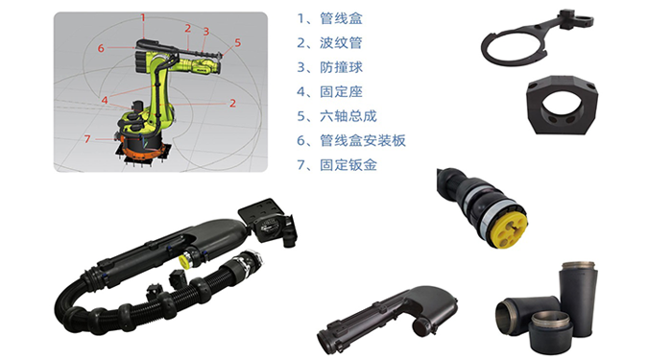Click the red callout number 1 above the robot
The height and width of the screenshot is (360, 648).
coord(143,18)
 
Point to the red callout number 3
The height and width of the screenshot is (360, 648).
coord(205,32)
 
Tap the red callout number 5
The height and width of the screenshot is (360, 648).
coord(238,42)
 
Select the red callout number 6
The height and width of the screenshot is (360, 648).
coord(101,48)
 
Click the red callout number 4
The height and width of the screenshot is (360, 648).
coord(105,100)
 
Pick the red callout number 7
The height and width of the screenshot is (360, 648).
coord(87,139)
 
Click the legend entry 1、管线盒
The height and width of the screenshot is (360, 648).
coord(329,18)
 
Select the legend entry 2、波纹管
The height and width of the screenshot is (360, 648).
coord(329,43)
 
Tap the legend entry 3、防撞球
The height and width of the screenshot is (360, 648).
coord(329,67)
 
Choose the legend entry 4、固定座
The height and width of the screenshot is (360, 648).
coord(329,92)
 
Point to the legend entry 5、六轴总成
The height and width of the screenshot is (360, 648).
coord(337,116)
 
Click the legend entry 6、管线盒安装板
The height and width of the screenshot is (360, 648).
coord(351,140)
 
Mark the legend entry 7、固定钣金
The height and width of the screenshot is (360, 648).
coord(337,165)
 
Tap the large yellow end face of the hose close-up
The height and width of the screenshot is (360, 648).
coord(509,227)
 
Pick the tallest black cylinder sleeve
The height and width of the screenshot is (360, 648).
coord(578,299)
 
